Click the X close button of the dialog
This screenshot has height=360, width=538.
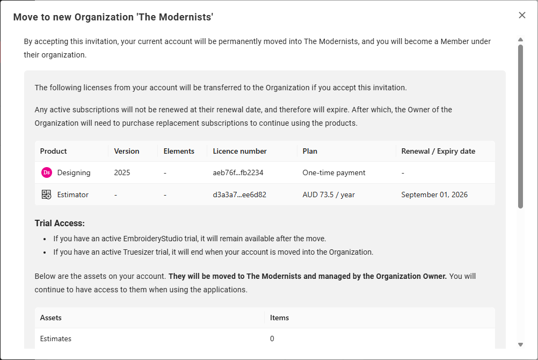pyautogui.click(x=522, y=15)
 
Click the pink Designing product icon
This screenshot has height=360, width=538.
pyautogui.click(x=46, y=172)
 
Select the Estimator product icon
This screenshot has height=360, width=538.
pyautogui.click(x=46, y=195)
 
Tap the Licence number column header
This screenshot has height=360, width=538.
pyautogui.click(x=239, y=151)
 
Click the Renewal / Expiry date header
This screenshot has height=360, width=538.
pyautogui.click(x=438, y=151)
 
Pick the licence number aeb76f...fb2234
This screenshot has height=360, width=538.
pyautogui.click(x=238, y=172)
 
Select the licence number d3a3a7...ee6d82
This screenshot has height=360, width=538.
pyautogui.click(x=239, y=195)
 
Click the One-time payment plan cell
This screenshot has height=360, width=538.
pyautogui.click(x=334, y=172)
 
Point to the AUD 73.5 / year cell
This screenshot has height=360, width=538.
pyautogui.click(x=329, y=195)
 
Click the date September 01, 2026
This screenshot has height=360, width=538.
pyautogui.click(x=434, y=195)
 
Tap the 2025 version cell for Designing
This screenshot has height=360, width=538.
pyautogui.click(x=122, y=172)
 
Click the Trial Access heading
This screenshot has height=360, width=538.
pyautogui.click(x=60, y=223)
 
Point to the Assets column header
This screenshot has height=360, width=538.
pyautogui.click(x=51, y=318)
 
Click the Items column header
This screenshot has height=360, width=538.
pyautogui.click(x=279, y=318)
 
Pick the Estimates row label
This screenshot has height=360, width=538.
pyautogui.click(x=56, y=339)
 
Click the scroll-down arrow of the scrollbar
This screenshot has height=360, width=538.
pyautogui.click(x=520, y=344)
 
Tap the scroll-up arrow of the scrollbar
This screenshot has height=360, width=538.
pyautogui.click(x=520, y=39)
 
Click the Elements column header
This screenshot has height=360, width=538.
pyautogui.click(x=179, y=151)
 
